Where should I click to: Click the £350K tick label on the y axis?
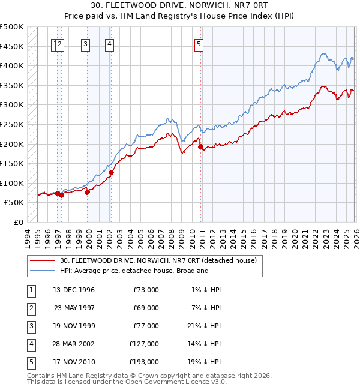12,85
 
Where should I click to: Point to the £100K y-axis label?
12,183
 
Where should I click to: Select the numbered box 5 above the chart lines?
199,43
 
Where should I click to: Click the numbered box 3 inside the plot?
86,43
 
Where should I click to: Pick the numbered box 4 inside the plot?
110,43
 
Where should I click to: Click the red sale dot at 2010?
200,146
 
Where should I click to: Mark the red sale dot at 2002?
111,173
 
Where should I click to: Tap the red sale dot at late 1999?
88,192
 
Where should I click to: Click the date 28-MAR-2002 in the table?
74,344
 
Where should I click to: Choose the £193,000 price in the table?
144,362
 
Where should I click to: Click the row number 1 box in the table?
31,290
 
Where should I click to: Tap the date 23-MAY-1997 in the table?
74,308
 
